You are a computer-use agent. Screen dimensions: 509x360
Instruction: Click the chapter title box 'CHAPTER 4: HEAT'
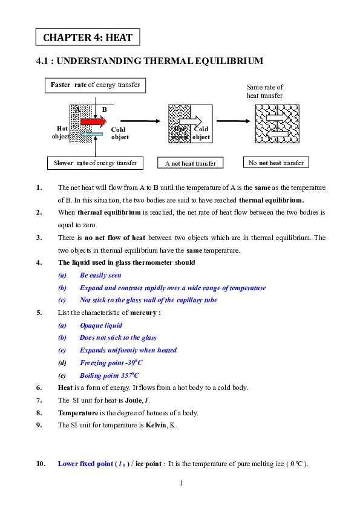click(88, 37)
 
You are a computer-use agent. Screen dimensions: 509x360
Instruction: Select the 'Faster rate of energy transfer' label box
click(96, 85)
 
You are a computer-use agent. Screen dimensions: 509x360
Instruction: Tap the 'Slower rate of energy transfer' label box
click(95, 163)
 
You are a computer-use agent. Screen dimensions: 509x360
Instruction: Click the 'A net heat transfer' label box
click(190, 163)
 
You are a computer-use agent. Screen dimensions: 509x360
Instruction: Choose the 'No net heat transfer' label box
click(276, 163)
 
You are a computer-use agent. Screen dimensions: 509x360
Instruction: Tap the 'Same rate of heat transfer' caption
click(264, 91)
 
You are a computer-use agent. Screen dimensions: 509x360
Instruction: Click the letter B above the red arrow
click(104, 109)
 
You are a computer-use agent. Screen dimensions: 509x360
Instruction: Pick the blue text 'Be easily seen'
click(100, 275)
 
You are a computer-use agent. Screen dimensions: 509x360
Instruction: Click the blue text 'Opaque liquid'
click(100, 325)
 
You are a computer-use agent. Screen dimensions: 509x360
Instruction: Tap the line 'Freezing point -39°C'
click(111, 363)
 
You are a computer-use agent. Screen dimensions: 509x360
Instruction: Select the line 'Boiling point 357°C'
click(110, 375)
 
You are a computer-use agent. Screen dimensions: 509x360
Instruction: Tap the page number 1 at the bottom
click(180, 483)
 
